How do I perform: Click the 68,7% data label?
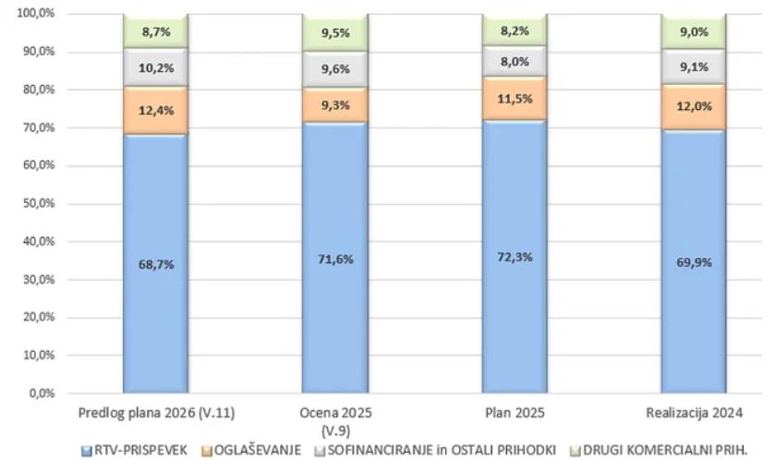click(155, 264)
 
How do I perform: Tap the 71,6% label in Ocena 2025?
click(334, 259)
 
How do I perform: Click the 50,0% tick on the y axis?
click(37, 204)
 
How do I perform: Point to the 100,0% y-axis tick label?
click(35, 14)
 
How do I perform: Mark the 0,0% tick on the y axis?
click(41, 393)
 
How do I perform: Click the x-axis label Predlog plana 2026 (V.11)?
click(154, 412)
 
